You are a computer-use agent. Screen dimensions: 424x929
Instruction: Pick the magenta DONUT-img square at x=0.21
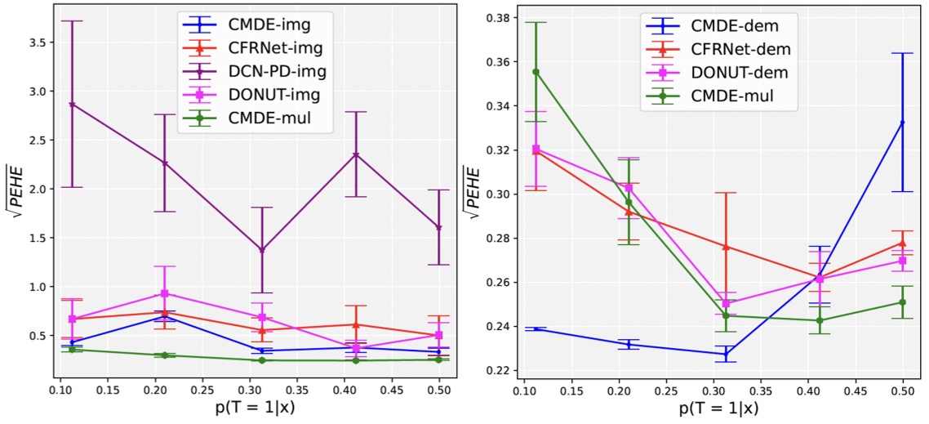(165, 293)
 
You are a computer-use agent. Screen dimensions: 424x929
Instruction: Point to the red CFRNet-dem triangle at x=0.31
(725, 247)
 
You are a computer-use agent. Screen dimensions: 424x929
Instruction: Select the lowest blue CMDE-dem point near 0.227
(725, 354)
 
